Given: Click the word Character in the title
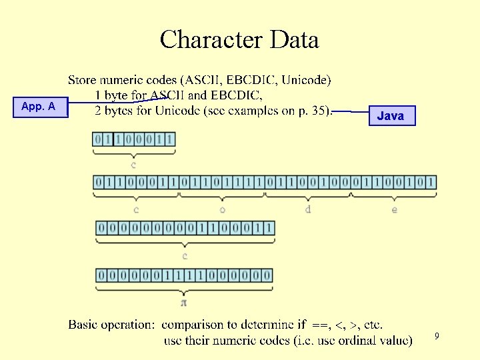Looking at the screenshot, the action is (212, 40).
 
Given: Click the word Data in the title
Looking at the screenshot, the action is (294, 40).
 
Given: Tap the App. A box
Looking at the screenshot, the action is (39, 107).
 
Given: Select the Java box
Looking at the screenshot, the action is (391, 115).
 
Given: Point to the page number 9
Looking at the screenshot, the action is (437, 337).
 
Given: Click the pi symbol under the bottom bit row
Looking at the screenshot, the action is (184, 302).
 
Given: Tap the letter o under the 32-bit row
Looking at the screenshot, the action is (222, 209).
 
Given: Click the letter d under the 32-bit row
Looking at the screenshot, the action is (307, 209).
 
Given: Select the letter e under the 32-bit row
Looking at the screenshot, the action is (393, 209).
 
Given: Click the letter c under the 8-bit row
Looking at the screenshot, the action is (134, 164).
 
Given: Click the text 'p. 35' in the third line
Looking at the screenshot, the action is (314, 111).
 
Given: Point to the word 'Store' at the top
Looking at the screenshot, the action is (83, 81).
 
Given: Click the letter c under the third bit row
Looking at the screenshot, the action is (185, 255).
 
